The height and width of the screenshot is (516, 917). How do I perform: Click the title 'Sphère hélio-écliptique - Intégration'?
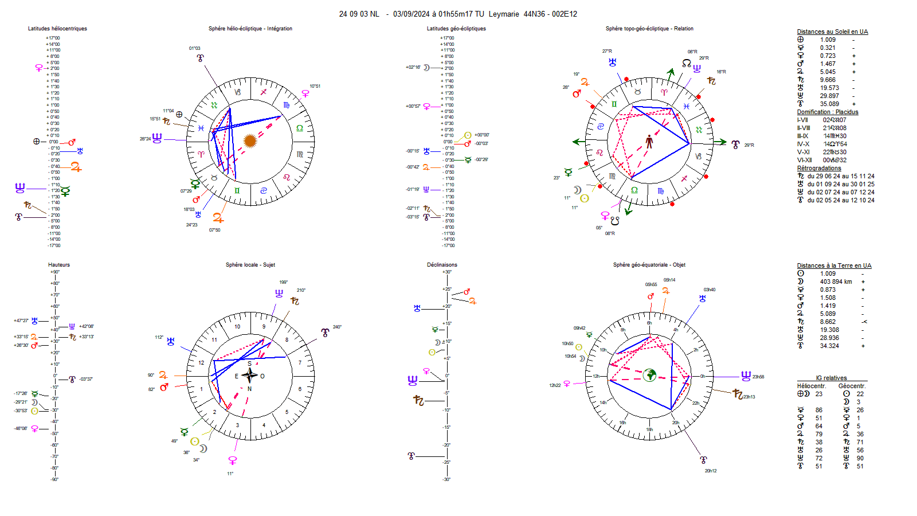click(250, 29)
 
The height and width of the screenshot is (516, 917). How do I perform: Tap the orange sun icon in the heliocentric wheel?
click(249, 140)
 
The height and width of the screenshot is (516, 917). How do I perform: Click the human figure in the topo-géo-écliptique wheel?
click(649, 141)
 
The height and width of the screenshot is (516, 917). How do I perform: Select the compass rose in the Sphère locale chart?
click(249, 376)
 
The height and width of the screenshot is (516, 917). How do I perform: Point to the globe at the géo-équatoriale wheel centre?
click(649, 375)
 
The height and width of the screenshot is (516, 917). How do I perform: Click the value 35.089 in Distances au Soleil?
click(829, 104)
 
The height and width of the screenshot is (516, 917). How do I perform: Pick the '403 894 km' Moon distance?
click(836, 282)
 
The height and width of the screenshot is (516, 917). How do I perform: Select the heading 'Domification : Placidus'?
click(827, 112)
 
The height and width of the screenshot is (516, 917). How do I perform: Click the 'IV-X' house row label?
click(803, 144)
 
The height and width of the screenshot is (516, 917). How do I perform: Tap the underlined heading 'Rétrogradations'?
click(819, 169)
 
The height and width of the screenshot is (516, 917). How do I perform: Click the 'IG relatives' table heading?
click(831, 378)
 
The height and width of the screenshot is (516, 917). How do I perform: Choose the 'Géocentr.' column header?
click(851, 386)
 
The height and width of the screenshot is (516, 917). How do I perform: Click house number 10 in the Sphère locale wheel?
click(237, 327)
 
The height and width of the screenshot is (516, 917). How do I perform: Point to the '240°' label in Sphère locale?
click(337, 327)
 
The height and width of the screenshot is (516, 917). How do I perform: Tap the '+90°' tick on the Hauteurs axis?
click(54, 272)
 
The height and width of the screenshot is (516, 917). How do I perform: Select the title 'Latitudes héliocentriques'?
click(57, 29)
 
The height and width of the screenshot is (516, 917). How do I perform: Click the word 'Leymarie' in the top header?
click(504, 14)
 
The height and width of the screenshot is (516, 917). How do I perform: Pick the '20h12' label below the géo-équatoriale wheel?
click(710, 471)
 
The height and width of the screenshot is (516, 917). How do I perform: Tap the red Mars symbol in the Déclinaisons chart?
click(467, 292)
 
